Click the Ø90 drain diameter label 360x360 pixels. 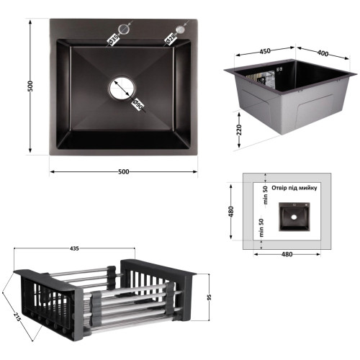[138, 104]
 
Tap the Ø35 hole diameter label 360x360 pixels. [113, 40]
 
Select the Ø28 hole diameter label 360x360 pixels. [171, 40]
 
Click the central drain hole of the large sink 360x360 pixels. [122, 89]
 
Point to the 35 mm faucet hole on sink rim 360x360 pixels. [125, 29]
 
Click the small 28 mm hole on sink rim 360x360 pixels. [181, 30]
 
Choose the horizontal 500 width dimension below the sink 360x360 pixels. [124, 171]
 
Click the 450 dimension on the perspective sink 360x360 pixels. [265, 51]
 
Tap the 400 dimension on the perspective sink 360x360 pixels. [323, 53]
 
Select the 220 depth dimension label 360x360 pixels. [239, 130]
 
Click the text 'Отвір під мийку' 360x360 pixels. [294, 188]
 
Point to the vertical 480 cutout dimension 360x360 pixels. [231, 212]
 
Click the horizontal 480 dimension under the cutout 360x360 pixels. [287, 254]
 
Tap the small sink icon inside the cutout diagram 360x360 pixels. [294, 217]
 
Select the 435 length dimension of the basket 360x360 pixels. [74, 248]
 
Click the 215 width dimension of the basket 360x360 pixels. [17, 317]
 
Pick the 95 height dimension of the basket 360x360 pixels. [210, 297]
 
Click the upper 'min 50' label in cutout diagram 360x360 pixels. [266, 195]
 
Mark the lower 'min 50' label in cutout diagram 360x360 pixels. [261, 228]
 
